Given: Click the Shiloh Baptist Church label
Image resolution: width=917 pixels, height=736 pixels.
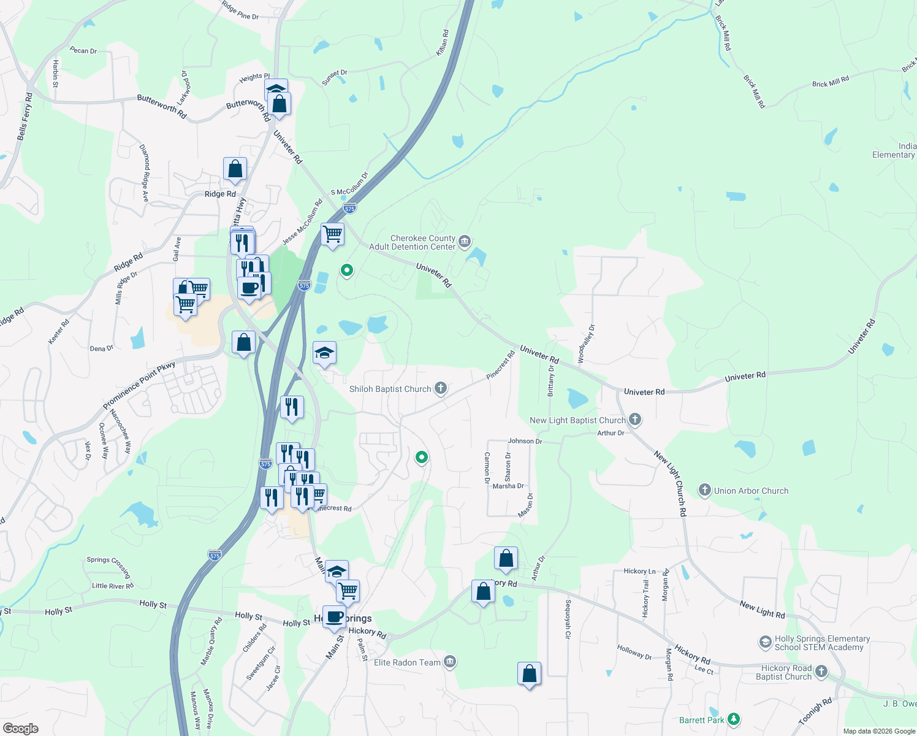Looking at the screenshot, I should [x=390, y=389].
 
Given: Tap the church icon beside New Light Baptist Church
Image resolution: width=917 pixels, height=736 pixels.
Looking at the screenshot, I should [x=635, y=420].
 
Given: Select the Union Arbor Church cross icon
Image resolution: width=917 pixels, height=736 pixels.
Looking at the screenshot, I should [x=705, y=490].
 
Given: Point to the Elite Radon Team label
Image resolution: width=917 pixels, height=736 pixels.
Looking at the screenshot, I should [x=407, y=662].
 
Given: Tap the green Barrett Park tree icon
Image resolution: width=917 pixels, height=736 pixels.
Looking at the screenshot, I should [x=734, y=719].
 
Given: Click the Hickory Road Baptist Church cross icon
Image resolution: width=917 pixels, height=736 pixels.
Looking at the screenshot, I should [x=821, y=672].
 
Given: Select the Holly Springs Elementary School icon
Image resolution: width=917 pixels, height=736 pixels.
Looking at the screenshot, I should [x=765, y=642].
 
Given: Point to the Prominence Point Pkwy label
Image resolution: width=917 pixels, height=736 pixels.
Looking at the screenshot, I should [x=139, y=385].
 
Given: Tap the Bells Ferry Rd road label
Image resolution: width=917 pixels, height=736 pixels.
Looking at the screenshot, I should [x=25, y=117].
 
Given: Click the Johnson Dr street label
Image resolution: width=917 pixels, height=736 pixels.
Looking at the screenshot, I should [x=525, y=441].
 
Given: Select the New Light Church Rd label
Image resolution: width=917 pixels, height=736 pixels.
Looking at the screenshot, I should [x=670, y=483].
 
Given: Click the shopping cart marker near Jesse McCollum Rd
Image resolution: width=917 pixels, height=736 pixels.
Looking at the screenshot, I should [x=332, y=234].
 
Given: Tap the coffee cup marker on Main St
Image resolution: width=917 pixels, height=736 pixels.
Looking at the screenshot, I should [x=334, y=616].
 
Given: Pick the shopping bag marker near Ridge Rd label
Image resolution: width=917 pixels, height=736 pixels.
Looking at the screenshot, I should [x=235, y=169].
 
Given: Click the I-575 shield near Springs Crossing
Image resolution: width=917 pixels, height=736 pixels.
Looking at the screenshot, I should [x=215, y=554].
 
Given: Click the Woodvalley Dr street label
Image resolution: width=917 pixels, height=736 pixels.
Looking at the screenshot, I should [x=586, y=343].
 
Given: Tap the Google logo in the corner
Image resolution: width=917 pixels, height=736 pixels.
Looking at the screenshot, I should [x=20, y=728].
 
